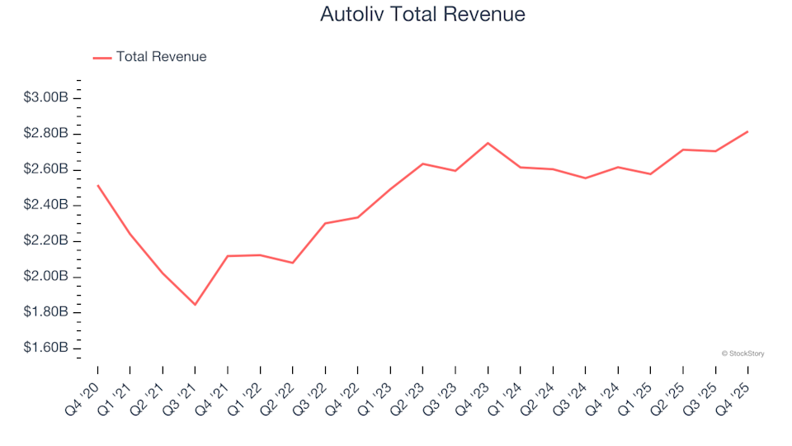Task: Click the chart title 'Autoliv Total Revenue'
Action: pyautogui.click(x=422, y=14)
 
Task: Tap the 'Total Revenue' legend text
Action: pyautogui.click(x=161, y=57)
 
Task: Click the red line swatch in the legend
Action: pyautogui.click(x=102, y=57)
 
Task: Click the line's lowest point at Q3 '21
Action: pyautogui.click(x=196, y=305)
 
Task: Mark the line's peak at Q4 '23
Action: pyautogui.click(x=488, y=143)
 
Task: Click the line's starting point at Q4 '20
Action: pyautogui.click(x=97, y=185)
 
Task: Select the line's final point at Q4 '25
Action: pyautogui.click(x=747, y=131)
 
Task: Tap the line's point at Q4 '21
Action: pyautogui.click(x=228, y=256)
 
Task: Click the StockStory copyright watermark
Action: pyautogui.click(x=742, y=353)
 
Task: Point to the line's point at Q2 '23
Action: pyautogui.click(x=422, y=164)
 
